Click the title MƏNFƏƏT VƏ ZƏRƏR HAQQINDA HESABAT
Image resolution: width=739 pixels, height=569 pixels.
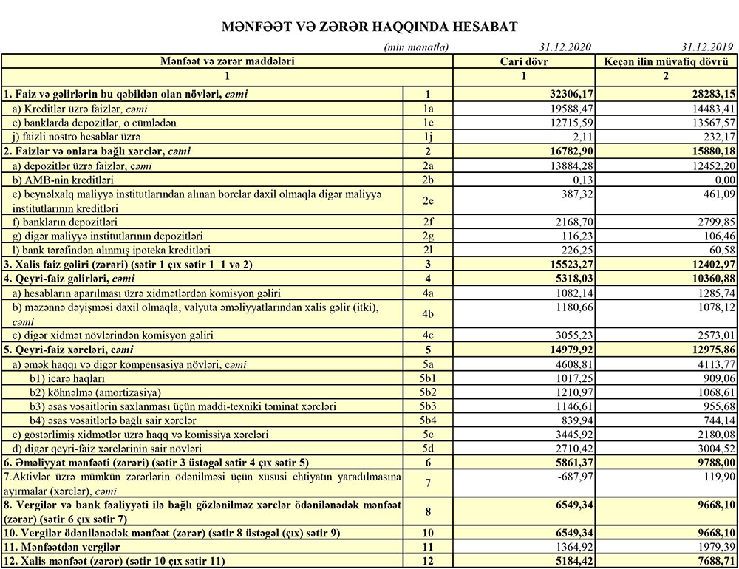369,27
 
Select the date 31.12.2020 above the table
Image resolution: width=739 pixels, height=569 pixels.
565,47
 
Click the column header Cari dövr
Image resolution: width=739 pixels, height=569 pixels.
523,61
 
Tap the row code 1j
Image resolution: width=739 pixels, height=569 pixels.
428,137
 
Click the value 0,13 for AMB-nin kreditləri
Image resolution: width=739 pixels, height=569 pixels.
581,180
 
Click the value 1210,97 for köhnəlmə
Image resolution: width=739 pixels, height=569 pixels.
572,391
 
